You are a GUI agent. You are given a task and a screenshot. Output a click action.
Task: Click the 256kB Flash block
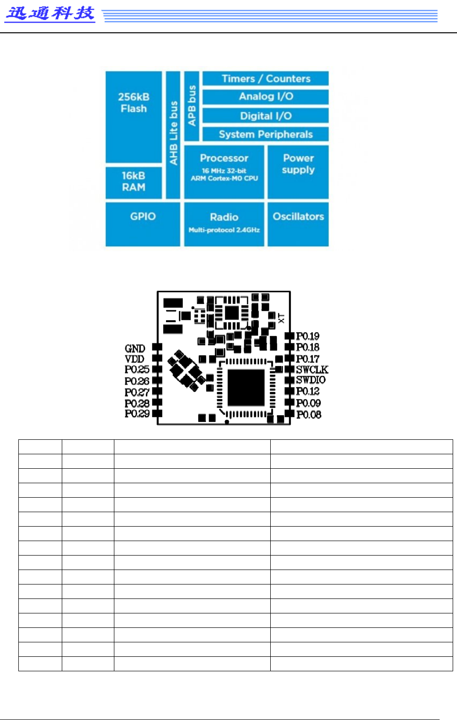click(134, 117)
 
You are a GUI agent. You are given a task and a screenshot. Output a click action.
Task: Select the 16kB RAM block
click(134, 182)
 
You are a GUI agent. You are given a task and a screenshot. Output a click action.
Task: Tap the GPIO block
click(143, 224)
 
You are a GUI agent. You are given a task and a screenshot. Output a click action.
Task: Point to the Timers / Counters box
click(265, 79)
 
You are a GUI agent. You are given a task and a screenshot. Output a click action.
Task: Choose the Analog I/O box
click(265, 96)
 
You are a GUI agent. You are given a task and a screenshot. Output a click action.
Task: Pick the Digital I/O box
click(265, 116)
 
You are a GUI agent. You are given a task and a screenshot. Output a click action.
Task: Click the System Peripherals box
click(265, 134)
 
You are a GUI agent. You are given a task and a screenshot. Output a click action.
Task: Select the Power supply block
click(298, 172)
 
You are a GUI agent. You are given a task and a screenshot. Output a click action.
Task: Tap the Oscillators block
click(298, 224)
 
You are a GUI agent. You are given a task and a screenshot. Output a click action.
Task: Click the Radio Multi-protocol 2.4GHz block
click(224, 224)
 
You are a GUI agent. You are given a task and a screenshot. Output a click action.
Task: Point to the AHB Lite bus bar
click(173, 135)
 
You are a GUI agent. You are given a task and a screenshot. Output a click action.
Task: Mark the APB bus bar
click(192, 106)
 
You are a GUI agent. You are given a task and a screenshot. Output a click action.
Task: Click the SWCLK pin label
click(312, 369)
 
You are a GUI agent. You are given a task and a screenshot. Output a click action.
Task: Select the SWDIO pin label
click(310, 380)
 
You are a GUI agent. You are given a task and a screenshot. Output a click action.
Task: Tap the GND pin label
click(135, 348)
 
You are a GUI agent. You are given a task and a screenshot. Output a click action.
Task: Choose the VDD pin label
click(134, 359)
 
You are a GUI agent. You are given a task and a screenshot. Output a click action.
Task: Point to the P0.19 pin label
click(307, 336)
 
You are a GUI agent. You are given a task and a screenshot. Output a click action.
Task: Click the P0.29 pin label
click(137, 414)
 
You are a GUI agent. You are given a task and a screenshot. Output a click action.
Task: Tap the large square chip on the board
click(246, 388)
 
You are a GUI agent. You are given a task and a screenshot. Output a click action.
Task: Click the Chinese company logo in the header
click(50, 13)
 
